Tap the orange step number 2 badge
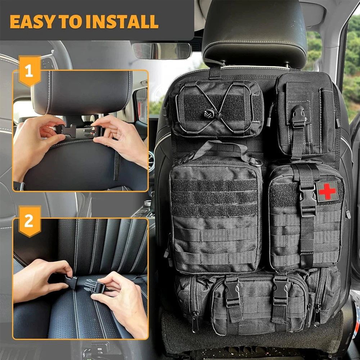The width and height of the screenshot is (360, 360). (x=29, y=221)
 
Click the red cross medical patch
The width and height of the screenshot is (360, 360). (x=327, y=191)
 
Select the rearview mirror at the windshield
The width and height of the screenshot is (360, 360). (x=162, y=51)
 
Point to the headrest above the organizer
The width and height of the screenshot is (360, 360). (x=254, y=32)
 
